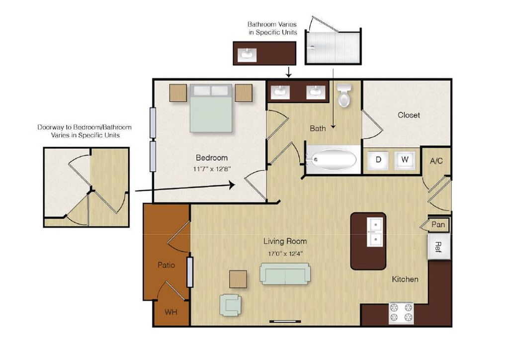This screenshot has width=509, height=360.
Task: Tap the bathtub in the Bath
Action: [x=332, y=160]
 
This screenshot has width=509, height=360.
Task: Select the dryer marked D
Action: [x=378, y=160]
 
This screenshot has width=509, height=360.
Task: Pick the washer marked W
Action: [x=405, y=160]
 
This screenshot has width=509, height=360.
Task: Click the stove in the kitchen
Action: [x=401, y=313]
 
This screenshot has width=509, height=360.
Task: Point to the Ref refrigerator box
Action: [x=439, y=247]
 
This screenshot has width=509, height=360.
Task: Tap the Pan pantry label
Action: [x=438, y=224]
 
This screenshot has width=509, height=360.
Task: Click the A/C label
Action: [x=436, y=161]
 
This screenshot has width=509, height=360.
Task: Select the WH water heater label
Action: [x=171, y=312]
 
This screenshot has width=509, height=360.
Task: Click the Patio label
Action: [x=166, y=265]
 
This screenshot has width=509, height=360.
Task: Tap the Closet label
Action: [x=409, y=115]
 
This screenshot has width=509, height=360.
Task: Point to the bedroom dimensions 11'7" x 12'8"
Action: [x=212, y=169]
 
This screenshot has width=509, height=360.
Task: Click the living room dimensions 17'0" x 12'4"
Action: [x=285, y=254]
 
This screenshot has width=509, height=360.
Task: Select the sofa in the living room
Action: [x=285, y=273]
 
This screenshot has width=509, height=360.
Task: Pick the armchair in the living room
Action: [x=230, y=305]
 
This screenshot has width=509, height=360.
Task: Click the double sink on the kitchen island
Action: [x=375, y=232]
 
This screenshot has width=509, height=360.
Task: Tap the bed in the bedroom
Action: [x=211, y=108]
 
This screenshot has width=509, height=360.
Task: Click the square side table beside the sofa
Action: [x=238, y=279]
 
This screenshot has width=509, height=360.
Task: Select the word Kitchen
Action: [x=405, y=279]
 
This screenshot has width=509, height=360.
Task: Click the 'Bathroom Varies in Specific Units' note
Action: [x=272, y=28]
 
